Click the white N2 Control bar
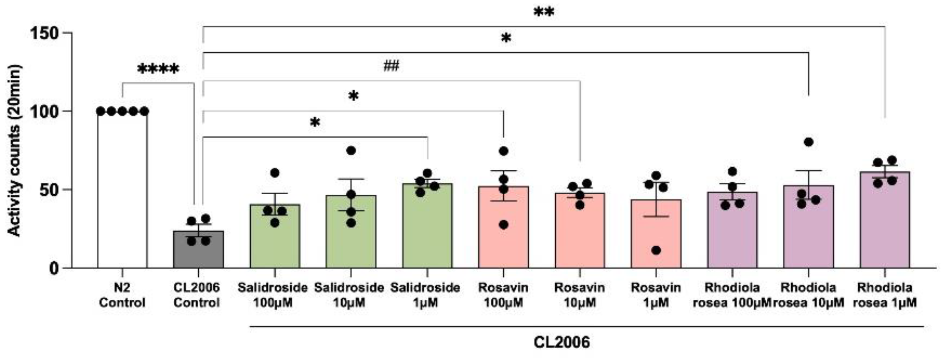[x=122, y=190]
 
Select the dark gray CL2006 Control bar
[x=198, y=250]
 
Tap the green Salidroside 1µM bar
[x=427, y=226]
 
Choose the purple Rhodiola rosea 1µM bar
[x=885, y=220]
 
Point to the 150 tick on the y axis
[x=67, y=33]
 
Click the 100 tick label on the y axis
[x=44, y=111]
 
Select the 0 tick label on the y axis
[x=54, y=268]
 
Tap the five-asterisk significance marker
[x=158, y=69]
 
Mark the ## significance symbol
[x=391, y=66]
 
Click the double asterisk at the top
[x=543, y=12]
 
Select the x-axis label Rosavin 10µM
[x=579, y=295]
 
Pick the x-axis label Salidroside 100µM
[x=272, y=295]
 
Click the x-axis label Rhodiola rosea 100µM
[x=732, y=295]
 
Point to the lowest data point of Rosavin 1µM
[x=656, y=250]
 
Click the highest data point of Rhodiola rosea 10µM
[x=808, y=142]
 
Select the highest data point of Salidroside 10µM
[x=351, y=150]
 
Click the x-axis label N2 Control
[x=122, y=295]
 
